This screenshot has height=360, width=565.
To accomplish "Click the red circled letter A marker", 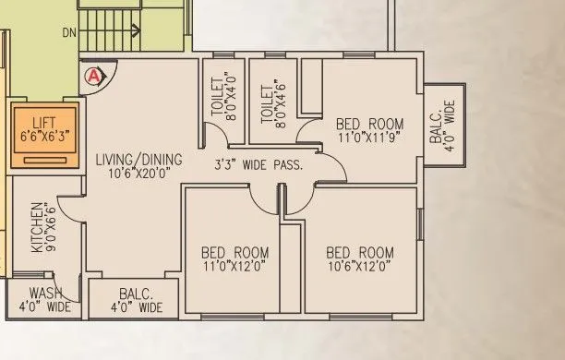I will click(x=92, y=78).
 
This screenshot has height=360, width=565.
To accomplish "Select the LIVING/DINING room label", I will click(x=138, y=160).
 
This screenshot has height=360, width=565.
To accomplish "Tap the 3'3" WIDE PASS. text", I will click(x=260, y=167).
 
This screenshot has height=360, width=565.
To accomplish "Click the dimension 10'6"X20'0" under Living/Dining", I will click(x=138, y=173).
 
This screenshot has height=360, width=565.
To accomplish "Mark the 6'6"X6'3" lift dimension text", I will click(x=43, y=135).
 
